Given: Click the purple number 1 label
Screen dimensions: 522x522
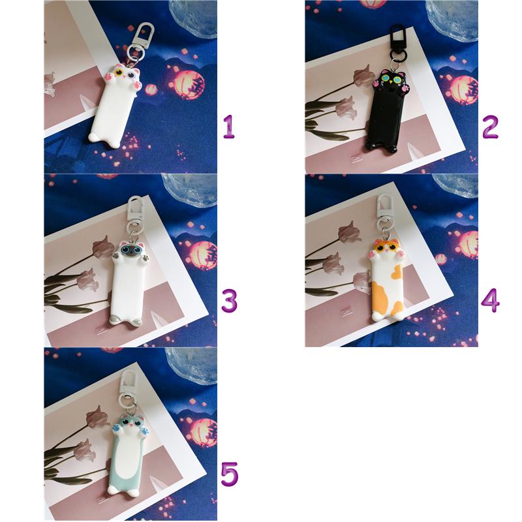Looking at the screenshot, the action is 229,127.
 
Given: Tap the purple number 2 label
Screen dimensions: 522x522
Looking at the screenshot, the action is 491,127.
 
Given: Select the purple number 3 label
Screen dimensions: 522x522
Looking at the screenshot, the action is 230,300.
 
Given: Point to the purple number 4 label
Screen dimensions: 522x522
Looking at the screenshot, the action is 491,300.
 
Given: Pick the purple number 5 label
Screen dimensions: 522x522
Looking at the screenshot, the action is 230,474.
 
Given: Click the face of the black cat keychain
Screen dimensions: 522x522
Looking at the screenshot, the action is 390,80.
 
